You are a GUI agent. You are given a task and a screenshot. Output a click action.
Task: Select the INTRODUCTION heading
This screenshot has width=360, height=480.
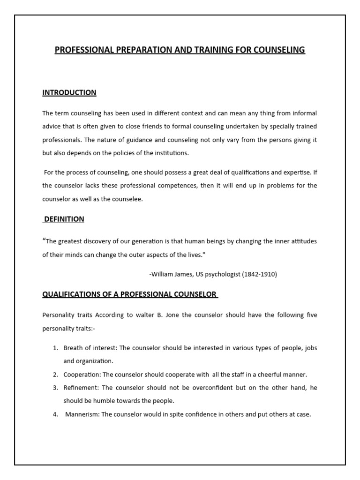[x=69, y=93]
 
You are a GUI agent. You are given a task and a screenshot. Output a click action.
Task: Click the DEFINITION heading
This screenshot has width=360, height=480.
[x=64, y=219]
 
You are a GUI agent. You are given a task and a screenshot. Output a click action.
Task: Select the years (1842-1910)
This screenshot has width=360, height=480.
[x=260, y=274]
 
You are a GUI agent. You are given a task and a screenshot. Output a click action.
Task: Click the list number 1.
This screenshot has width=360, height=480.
[x=55, y=348]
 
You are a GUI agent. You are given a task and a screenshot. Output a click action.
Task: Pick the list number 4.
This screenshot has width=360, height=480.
[x=55, y=414]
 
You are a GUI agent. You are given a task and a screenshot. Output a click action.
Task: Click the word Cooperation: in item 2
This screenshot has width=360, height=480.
[x=82, y=375]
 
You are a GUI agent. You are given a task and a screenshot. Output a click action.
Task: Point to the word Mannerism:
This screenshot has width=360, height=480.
[x=82, y=414]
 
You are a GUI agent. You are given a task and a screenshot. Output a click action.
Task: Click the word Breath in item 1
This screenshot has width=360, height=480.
[x=73, y=348]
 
